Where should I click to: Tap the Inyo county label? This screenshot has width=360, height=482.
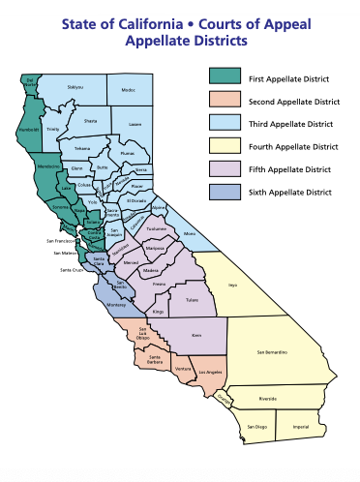[x=232, y=285]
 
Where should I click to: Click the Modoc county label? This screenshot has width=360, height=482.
[x=129, y=88]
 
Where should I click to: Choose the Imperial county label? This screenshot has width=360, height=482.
[x=302, y=425]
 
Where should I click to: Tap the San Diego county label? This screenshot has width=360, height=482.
[x=255, y=426]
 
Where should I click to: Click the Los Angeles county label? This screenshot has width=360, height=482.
[x=211, y=373]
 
